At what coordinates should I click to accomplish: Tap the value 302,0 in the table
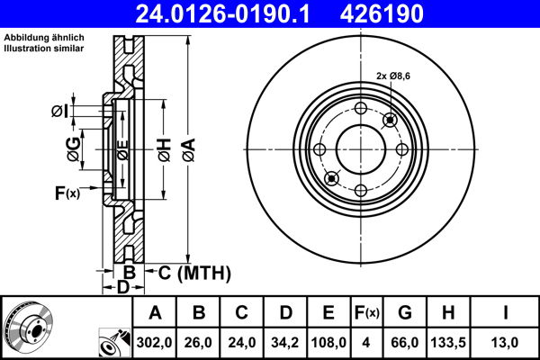155,343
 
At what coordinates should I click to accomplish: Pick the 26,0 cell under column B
200,343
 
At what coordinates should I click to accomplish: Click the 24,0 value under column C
243,343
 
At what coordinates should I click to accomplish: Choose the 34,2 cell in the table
286,343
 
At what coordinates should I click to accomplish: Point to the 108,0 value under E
328,343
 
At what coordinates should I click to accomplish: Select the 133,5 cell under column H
447,343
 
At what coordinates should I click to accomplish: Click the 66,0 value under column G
405,343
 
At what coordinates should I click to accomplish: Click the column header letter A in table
155,313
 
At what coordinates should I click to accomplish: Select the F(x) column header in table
367,313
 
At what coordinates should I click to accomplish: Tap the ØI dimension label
58,111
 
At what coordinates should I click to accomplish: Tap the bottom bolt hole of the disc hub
360,190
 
